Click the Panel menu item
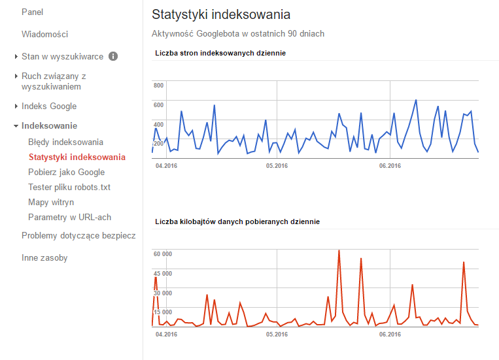pos(32,12)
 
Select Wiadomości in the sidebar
pos(44,34)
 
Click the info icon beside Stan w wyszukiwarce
pos(113,56)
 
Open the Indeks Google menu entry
pos(49,106)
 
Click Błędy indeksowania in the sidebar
pos(65,142)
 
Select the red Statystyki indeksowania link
pos(77,157)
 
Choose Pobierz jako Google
pos(66,172)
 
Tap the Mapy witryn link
pos(51,202)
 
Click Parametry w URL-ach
pos(69,217)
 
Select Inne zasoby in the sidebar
pos(44,257)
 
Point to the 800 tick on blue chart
pos(158,86)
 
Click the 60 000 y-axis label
pos(162,254)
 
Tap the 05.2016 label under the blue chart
pos(277,166)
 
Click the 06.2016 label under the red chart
pos(390,334)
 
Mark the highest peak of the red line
pos(339,250)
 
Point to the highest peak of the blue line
pos(416,100)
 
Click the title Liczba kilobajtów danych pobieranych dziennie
pos(237,222)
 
